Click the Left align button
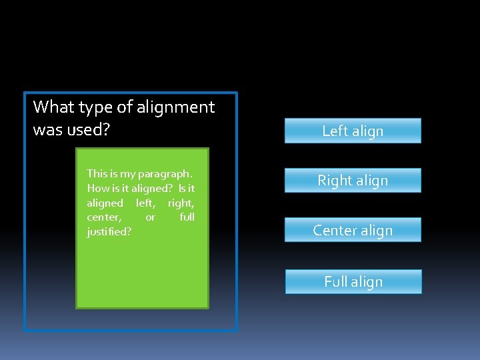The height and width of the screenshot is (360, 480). pyautogui.click(x=353, y=131)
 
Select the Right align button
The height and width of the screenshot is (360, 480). pyautogui.click(x=353, y=180)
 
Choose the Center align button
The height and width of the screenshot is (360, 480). pyautogui.click(x=353, y=230)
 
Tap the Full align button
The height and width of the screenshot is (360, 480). pyautogui.click(x=353, y=281)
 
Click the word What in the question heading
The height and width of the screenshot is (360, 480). pyautogui.click(x=53, y=107)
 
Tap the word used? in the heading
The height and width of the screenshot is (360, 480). pyautogui.click(x=87, y=129)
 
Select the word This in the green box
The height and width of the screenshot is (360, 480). pyautogui.click(x=97, y=173)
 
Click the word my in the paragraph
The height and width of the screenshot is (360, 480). pyautogui.click(x=127, y=173)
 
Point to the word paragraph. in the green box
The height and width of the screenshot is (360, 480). pyautogui.click(x=165, y=174)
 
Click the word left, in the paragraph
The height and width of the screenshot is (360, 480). pyautogui.click(x=145, y=203)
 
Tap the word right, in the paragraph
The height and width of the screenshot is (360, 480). pyautogui.click(x=181, y=203)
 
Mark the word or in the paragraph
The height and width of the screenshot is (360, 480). pyautogui.click(x=150, y=217)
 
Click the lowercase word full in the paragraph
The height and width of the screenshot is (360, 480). pyautogui.click(x=187, y=217)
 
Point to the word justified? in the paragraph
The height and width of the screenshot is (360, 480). pyautogui.click(x=109, y=232)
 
